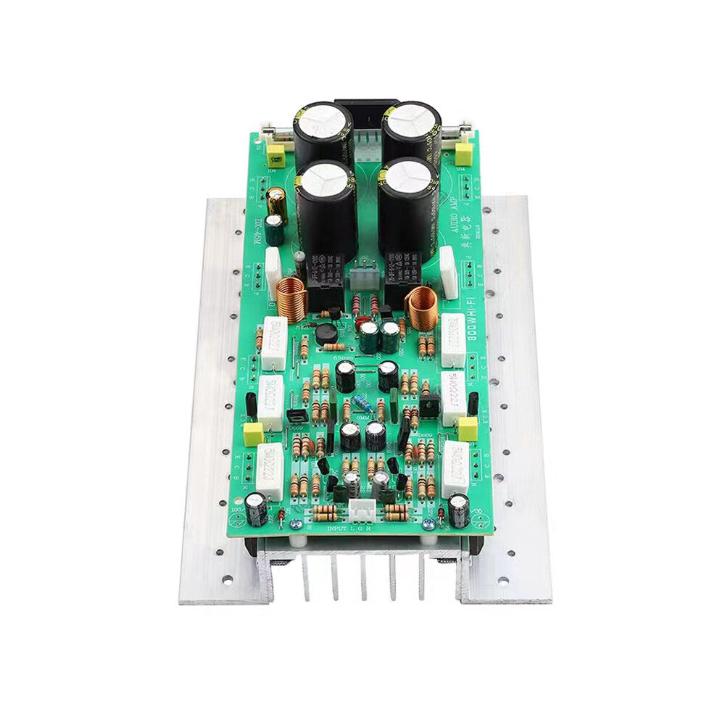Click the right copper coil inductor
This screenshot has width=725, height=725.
click(x=423, y=307)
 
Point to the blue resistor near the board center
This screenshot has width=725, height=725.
click(x=360, y=406)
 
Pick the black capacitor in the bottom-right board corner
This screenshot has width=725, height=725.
click(x=458, y=510)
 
